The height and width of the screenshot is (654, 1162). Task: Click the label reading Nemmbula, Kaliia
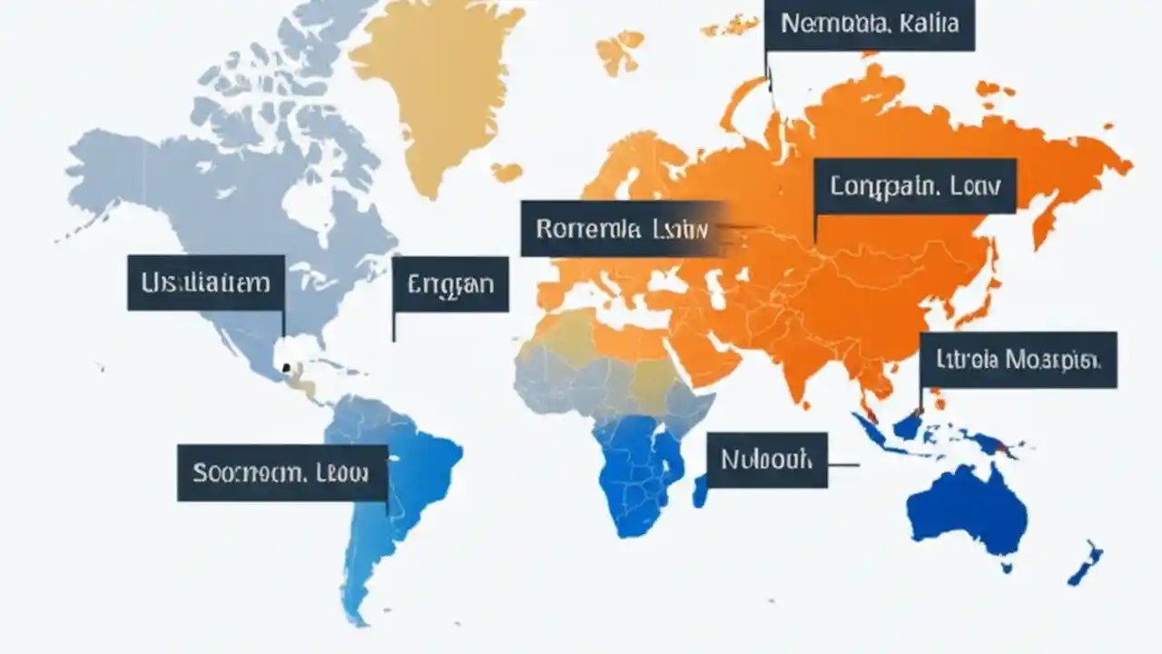pos(869,25)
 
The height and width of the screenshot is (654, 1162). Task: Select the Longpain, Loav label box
pos(914,186)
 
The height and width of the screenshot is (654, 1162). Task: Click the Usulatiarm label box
pos(206,282)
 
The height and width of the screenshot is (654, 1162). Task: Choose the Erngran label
pos(451,284)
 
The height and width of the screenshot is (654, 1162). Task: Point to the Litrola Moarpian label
pos(1018,360)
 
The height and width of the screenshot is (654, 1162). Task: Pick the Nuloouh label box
pos(766,460)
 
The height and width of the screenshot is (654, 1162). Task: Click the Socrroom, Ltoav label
pos(281,472)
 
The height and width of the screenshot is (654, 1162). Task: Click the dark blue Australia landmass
pos(967,513)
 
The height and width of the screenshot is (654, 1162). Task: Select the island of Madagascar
pos(700,490)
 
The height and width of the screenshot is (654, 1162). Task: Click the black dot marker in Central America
pos(286,367)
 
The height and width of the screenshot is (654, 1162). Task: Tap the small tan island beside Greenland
pos(507,171)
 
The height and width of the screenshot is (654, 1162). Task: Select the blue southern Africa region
pos(640,472)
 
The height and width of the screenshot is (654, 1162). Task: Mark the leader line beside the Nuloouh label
pos(843,465)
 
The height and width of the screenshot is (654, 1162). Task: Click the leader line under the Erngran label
pos(393,327)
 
